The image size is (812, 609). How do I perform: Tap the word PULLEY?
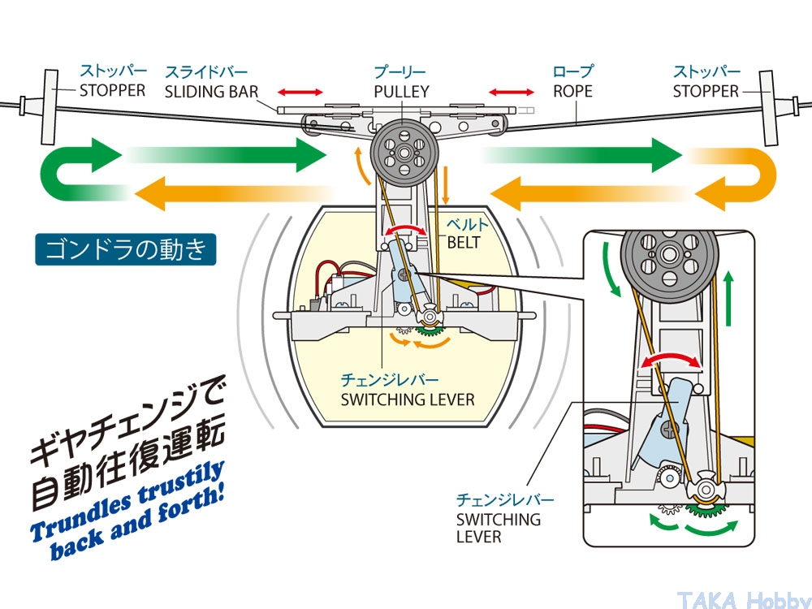[401, 92]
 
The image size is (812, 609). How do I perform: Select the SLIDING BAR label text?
[211, 92]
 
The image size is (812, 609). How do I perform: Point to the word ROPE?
[573, 92]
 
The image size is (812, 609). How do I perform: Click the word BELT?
[463, 242]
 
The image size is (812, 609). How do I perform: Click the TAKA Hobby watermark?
[741, 598]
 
